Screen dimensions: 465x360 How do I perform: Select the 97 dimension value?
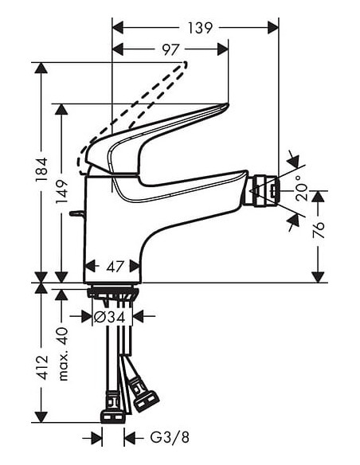170,50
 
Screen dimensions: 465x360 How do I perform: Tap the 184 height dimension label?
41,167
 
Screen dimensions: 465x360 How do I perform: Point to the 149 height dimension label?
63,192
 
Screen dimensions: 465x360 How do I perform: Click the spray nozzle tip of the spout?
264,191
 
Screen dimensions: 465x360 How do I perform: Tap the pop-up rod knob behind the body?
74,213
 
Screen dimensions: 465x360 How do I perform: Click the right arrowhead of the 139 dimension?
275,28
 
